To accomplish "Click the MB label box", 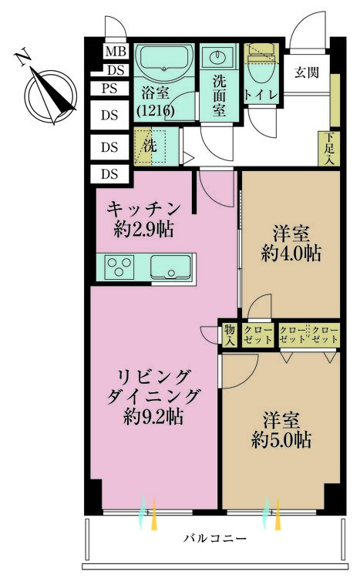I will pos(115,52).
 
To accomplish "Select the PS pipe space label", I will pos(109,88).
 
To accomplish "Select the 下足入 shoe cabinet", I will pos(329,149).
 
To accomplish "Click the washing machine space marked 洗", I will pos(147,144).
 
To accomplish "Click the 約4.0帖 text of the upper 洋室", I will pos(291,253).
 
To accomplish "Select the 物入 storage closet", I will pos(229,334).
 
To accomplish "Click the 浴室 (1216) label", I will pos(155,102).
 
